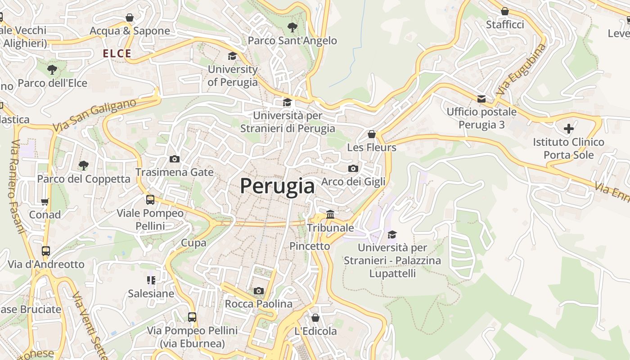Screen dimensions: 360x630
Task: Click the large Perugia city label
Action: [277, 186]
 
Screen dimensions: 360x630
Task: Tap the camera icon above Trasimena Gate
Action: [175, 159]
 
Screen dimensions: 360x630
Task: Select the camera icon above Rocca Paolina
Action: [258, 291]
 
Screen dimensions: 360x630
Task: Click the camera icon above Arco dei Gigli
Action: [353, 168]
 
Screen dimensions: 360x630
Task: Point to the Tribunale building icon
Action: [330, 214]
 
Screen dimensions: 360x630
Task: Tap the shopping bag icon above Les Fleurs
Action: [372, 134]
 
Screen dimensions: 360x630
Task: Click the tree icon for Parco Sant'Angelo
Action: [292, 27]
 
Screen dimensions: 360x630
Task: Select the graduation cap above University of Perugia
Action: [232, 56]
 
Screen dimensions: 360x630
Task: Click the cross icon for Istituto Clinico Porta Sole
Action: [569, 129]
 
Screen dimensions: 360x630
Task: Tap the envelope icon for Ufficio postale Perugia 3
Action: [481, 99]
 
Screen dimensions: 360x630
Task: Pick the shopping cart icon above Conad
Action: [45, 202]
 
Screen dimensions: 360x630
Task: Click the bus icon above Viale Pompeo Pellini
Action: [150, 199]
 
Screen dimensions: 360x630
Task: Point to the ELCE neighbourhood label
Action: [117, 54]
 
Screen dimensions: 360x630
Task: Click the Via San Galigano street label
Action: [94, 115]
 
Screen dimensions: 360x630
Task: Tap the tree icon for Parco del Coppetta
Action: [83, 165]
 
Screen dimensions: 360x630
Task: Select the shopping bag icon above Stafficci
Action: [505, 11]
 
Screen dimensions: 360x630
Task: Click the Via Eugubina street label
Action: [522, 69]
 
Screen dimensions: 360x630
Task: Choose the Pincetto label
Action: [310, 246]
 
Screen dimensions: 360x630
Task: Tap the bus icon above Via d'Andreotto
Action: [45, 251]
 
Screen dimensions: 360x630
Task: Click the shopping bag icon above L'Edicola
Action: [315, 318]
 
